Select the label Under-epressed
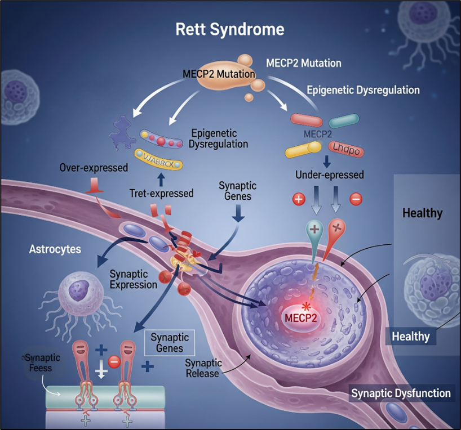point(330,175)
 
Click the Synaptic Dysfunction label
point(401,393)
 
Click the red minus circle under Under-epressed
point(356,199)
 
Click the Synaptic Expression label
point(133,279)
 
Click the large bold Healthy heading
point(422,213)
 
